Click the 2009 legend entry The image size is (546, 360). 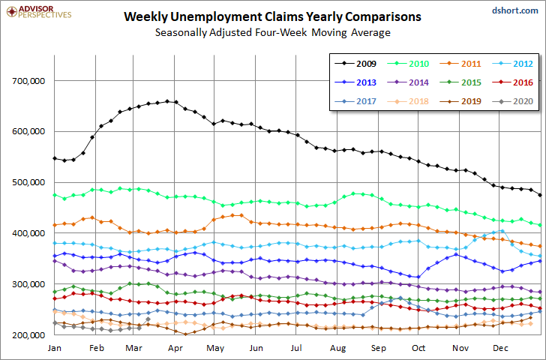pyautogui.click(x=355, y=64)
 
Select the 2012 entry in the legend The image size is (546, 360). pyautogui.click(x=512, y=64)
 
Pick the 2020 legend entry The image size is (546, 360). pyautogui.click(x=512, y=101)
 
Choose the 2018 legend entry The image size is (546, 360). pyautogui.click(x=408, y=101)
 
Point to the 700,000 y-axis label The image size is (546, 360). pyautogui.click(x=28, y=81)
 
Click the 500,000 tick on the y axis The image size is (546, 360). pyautogui.click(x=28, y=182)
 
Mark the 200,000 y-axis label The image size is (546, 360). pyautogui.click(x=28, y=335)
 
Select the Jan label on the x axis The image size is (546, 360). pyautogui.click(x=54, y=348)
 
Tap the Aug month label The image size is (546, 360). pyautogui.click(x=337, y=348)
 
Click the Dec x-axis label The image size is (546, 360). pyautogui.click(x=500, y=348)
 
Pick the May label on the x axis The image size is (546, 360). pyautogui.click(x=215, y=348)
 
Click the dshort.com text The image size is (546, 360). pyautogui.click(x=515, y=10)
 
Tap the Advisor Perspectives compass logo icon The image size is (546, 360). pyautogui.click(x=12, y=12)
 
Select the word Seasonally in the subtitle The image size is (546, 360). pyautogui.click(x=181, y=33)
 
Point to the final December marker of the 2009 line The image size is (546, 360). pyautogui.click(x=540, y=195)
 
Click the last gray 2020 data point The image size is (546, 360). pyautogui.click(x=148, y=319)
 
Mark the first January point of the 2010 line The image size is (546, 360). pyautogui.click(x=55, y=195)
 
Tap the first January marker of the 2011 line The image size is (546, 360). pyautogui.click(x=55, y=225)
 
